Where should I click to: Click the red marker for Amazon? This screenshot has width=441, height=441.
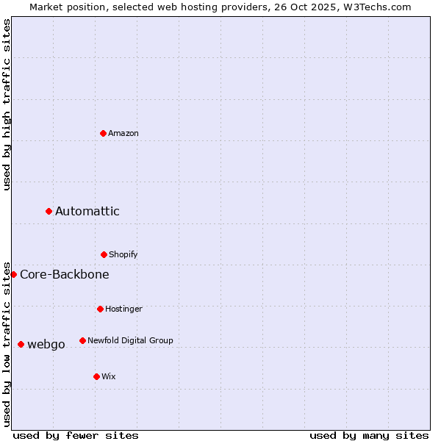(x=103, y=133)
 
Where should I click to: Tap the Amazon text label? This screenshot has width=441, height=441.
(x=123, y=134)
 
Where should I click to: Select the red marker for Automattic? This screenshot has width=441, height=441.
(x=49, y=212)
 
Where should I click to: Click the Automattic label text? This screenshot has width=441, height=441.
(x=87, y=212)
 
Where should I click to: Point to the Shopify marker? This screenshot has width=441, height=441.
(x=104, y=254)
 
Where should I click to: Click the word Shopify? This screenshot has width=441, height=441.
(x=123, y=255)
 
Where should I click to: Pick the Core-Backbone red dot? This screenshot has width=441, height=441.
(x=13, y=274)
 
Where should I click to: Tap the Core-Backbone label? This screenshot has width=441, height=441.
(x=65, y=275)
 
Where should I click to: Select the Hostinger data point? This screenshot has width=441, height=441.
(x=100, y=309)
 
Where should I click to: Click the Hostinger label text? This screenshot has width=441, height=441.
(x=123, y=309)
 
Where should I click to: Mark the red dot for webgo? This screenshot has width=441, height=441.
(x=21, y=344)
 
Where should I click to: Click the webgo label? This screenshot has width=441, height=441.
(x=46, y=345)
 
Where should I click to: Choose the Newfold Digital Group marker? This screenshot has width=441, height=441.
(x=82, y=340)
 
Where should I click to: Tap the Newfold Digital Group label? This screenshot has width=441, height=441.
(x=130, y=341)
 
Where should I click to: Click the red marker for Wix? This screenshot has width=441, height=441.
(x=96, y=376)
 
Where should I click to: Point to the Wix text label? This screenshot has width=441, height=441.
(x=109, y=377)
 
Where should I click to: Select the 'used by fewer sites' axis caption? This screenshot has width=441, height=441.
(x=76, y=436)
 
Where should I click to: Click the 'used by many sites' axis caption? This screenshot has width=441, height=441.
(x=369, y=436)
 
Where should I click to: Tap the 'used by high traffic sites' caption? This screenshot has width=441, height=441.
(x=7, y=104)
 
